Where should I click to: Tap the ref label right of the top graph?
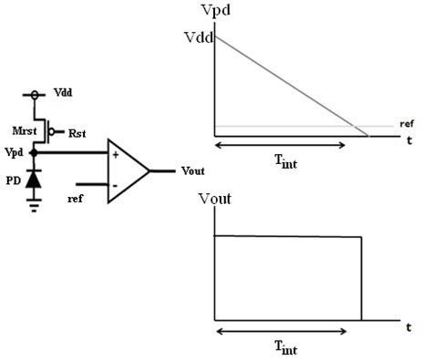407,123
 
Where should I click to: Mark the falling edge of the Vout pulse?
362,278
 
